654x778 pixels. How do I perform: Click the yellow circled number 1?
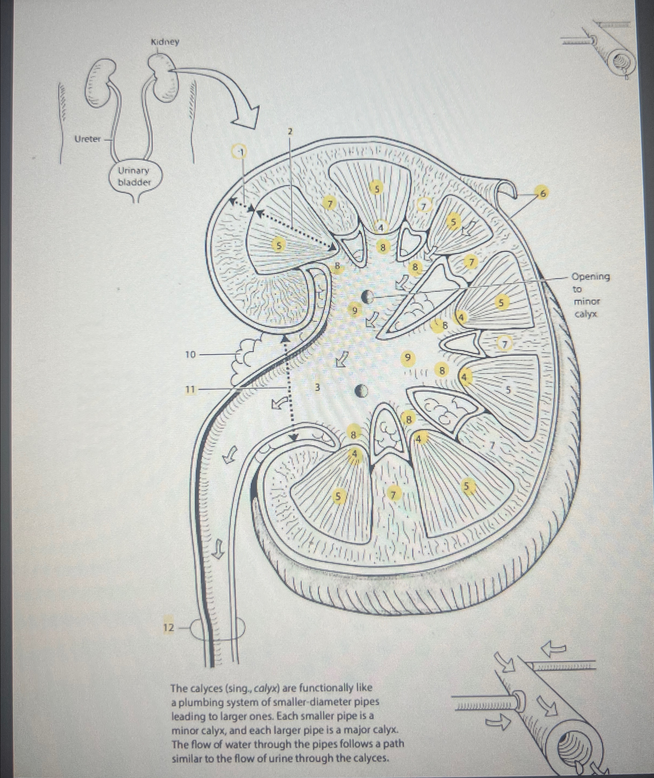(239, 151)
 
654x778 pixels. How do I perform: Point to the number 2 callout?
(290, 131)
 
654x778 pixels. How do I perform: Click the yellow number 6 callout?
(543, 193)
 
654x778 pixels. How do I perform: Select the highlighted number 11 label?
(190, 389)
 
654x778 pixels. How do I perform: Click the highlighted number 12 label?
(169, 628)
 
